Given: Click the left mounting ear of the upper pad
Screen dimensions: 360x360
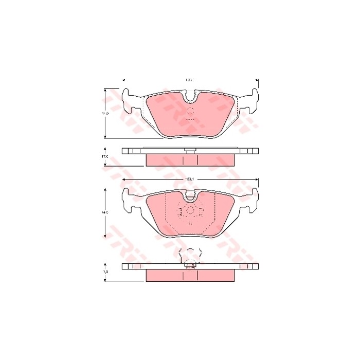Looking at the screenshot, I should (129, 99).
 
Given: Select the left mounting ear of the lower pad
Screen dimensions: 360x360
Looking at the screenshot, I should (129, 197).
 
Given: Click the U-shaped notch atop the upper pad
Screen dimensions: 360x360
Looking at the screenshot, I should (190, 96).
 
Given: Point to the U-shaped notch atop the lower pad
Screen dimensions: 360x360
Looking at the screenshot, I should (190, 195).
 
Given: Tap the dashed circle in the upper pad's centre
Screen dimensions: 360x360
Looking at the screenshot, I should (190, 113).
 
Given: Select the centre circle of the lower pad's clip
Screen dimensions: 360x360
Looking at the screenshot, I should (190, 210).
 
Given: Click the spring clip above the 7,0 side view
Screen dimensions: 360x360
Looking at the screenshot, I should (190, 255).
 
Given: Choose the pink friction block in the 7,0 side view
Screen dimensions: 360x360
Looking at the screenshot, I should (190, 276).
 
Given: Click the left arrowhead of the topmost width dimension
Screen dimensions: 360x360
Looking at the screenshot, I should (123, 80).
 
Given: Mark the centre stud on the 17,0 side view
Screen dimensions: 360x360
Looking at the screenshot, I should (190, 150).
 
